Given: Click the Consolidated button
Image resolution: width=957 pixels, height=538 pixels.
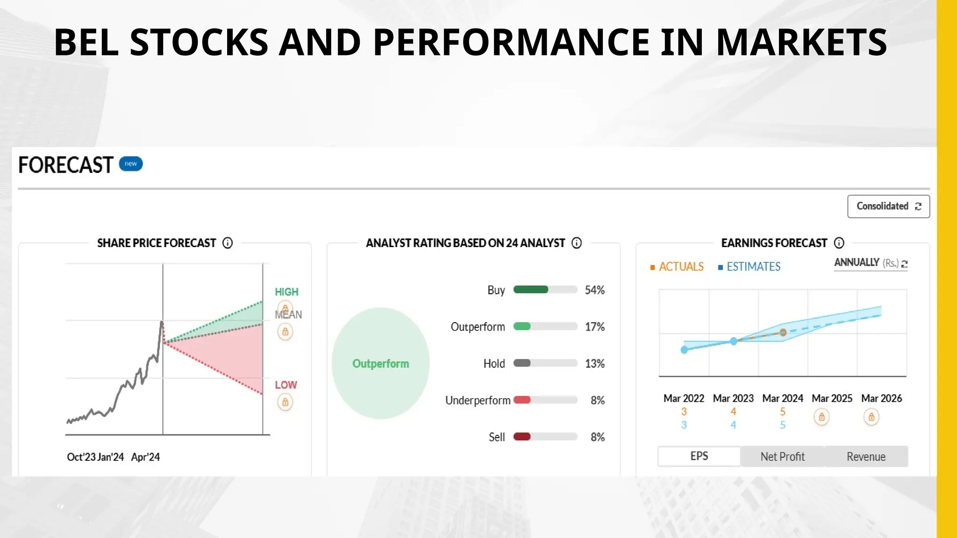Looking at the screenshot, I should coord(888,206).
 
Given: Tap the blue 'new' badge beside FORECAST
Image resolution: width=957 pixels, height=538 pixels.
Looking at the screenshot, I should coord(131,164).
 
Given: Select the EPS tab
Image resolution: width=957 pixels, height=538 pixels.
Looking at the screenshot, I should coord(699,456).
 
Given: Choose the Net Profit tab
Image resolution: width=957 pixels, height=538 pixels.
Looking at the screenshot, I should coord(782,456).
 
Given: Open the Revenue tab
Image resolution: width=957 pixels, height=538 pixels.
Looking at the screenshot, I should coord(866,456).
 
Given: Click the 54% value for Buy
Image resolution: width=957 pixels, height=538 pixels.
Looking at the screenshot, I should coord(594,290).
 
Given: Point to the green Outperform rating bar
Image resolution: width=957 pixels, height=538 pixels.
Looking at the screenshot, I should coord(522,326).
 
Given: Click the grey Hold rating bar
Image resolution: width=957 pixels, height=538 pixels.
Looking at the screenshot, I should coord(522,363).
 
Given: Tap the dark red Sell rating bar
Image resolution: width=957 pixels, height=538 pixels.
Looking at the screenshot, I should coord(522,437).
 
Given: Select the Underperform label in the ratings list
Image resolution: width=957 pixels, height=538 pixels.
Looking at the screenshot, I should coord(477,400).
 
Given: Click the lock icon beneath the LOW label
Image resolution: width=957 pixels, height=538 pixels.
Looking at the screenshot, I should coord(285,402).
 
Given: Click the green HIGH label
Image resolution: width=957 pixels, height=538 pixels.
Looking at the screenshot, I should coord(286,292).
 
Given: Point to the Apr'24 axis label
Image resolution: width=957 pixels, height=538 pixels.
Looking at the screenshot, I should coord(145,457).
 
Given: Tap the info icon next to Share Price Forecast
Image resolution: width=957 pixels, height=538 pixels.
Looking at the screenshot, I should coord(228,243).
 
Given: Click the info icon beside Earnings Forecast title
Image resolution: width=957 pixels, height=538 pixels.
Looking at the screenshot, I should coord(839,243).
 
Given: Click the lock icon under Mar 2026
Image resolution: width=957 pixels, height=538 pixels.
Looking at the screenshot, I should coord(871,417).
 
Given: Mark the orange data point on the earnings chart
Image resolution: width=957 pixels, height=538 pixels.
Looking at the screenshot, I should coord(783,333).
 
